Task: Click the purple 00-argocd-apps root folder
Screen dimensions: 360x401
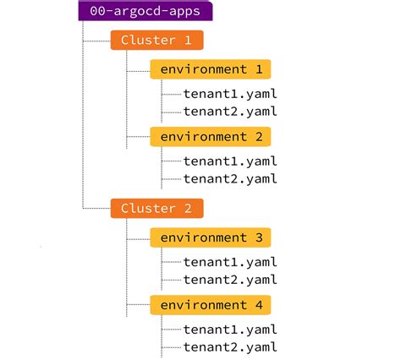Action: pyautogui.click(x=145, y=12)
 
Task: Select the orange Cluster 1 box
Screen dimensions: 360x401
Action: pyautogui.click(x=157, y=40)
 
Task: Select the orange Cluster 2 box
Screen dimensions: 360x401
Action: pyautogui.click(x=157, y=208)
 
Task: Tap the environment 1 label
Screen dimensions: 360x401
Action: pyautogui.click(x=210, y=69)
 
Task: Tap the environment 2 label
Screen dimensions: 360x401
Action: pyautogui.click(x=210, y=136)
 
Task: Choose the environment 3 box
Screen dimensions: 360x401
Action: pyautogui.click(x=210, y=237)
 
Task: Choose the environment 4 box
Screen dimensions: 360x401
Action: pyautogui.click(x=210, y=304)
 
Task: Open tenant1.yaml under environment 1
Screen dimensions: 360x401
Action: pyautogui.click(x=230, y=93)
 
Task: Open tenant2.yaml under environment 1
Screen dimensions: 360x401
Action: pyautogui.click(x=230, y=111)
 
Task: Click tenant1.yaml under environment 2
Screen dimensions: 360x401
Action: pyautogui.click(x=230, y=161)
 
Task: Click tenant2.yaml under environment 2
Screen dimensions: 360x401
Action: pyautogui.click(x=230, y=178)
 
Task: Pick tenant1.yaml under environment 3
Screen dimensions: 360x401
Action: pyautogui.click(x=230, y=262)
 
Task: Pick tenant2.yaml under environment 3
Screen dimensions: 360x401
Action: pyautogui.click(x=230, y=279)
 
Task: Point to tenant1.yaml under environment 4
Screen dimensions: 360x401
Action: pyautogui.click(x=230, y=329)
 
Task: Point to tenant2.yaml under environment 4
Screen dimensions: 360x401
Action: pyautogui.click(x=230, y=346)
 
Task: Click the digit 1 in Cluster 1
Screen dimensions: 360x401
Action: pyautogui.click(x=189, y=40)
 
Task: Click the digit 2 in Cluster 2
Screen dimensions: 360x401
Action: pyautogui.click(x=189, y=208)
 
